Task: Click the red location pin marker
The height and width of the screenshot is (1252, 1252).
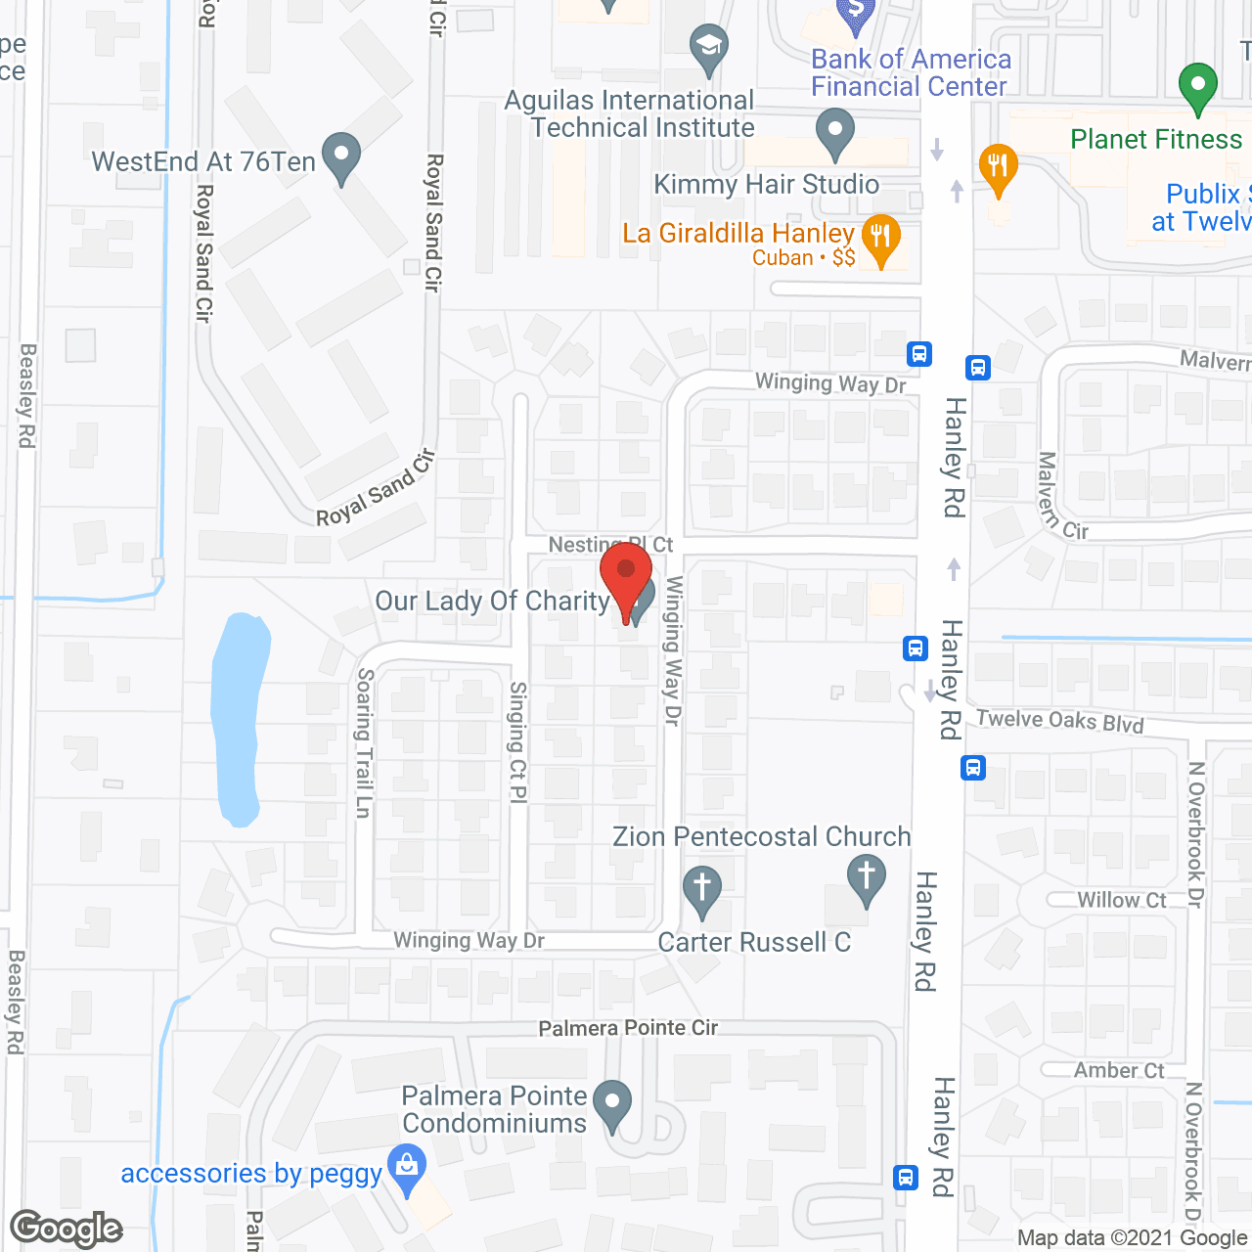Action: click(626, 577)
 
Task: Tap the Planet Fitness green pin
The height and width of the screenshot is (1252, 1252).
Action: click(1197, 88)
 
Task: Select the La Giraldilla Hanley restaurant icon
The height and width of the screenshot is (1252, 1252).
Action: click(880, 239)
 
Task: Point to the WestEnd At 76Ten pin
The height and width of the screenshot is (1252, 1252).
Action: click(340, 156)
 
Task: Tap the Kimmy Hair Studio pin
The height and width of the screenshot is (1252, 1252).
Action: click(834, 133)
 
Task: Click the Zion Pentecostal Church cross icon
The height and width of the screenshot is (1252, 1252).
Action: click(866, 878)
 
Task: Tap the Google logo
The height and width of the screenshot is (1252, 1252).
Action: click(67, 1229)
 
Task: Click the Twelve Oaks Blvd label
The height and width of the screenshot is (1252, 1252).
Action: click(1060, 721)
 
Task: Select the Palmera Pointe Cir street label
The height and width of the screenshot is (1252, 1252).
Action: click(628, 1028)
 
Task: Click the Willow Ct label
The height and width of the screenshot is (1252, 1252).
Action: click(1122, 900)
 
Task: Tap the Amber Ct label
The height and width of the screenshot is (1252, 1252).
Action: click(1119, 1071)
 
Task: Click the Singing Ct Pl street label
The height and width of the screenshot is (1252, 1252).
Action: click(517, 743)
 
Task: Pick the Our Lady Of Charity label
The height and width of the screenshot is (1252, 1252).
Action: click(492, 601)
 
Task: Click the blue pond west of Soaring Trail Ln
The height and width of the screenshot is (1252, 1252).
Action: click(239, 714)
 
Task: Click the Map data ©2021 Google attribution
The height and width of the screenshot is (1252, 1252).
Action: click(1132, 1238)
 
